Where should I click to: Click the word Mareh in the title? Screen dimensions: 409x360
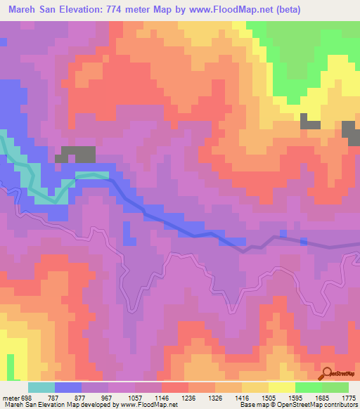coord(22,9)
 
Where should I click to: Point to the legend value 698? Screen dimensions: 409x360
coord(27,397)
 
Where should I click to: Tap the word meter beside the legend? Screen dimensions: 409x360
coord(10,397)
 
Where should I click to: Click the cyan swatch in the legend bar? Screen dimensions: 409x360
coord(41,387)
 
